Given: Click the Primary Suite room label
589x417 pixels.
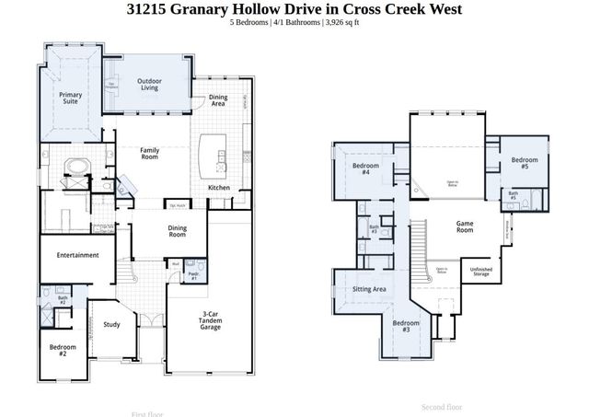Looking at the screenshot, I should click(x=71, y=98).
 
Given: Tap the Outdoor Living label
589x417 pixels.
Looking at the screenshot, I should click(x=151, y=85).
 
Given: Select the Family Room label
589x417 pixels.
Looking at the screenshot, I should click(x=150, y=153).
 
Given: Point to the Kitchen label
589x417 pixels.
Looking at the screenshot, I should click(x=219, y=188).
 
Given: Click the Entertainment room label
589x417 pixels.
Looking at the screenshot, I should click(x=77, y=255).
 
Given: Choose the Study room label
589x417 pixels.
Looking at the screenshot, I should click(x=111, y=324).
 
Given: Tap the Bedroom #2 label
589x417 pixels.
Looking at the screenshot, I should click(x=63, y=350).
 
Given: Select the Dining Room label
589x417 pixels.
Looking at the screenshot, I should click(x=177, y=231).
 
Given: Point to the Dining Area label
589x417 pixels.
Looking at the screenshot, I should click(x=218, y=101).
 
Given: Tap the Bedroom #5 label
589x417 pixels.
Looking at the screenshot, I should click(x=525, y=164).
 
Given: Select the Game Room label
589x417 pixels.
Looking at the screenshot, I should click(x=464, y=226).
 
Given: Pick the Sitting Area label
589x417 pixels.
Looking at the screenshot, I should click(x=369, y=289).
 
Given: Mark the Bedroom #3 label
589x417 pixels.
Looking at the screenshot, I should click(x=406, y=327).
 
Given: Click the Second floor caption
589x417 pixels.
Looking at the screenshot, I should click(x=442, y=406).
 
